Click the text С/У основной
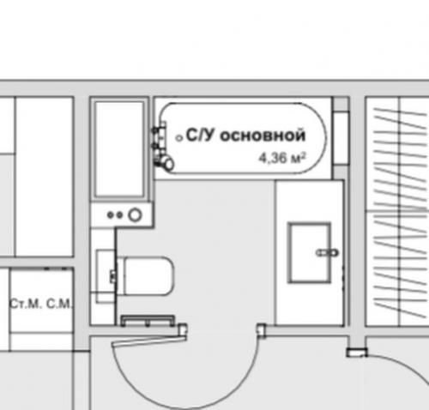pyautogui.click(x=246, y=135)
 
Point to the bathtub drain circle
pyautogui.click(x=178, y=136)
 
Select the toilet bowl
pyautogui.click(x=150, y=274)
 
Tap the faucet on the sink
pyautogui.click(x=326, y=252)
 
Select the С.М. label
pyautogui.click(x=58, y=304)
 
